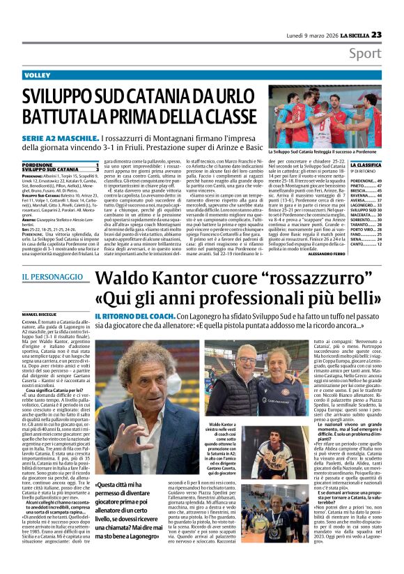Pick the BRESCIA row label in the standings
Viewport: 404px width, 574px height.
pyautogui.click(x=359, y=190)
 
